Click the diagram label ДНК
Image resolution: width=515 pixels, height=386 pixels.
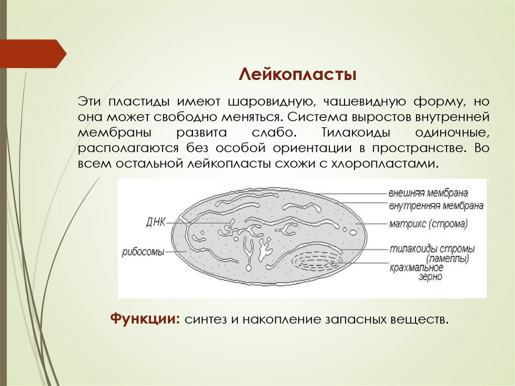point(155,221)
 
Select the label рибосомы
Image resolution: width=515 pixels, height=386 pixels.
point(143,252)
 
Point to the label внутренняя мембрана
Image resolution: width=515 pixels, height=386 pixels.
point(436,205)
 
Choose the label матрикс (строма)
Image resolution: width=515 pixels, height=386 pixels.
point(427,223)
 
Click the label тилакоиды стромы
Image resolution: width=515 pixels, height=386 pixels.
point(432,249)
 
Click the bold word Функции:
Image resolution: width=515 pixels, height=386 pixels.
point(145,319)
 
